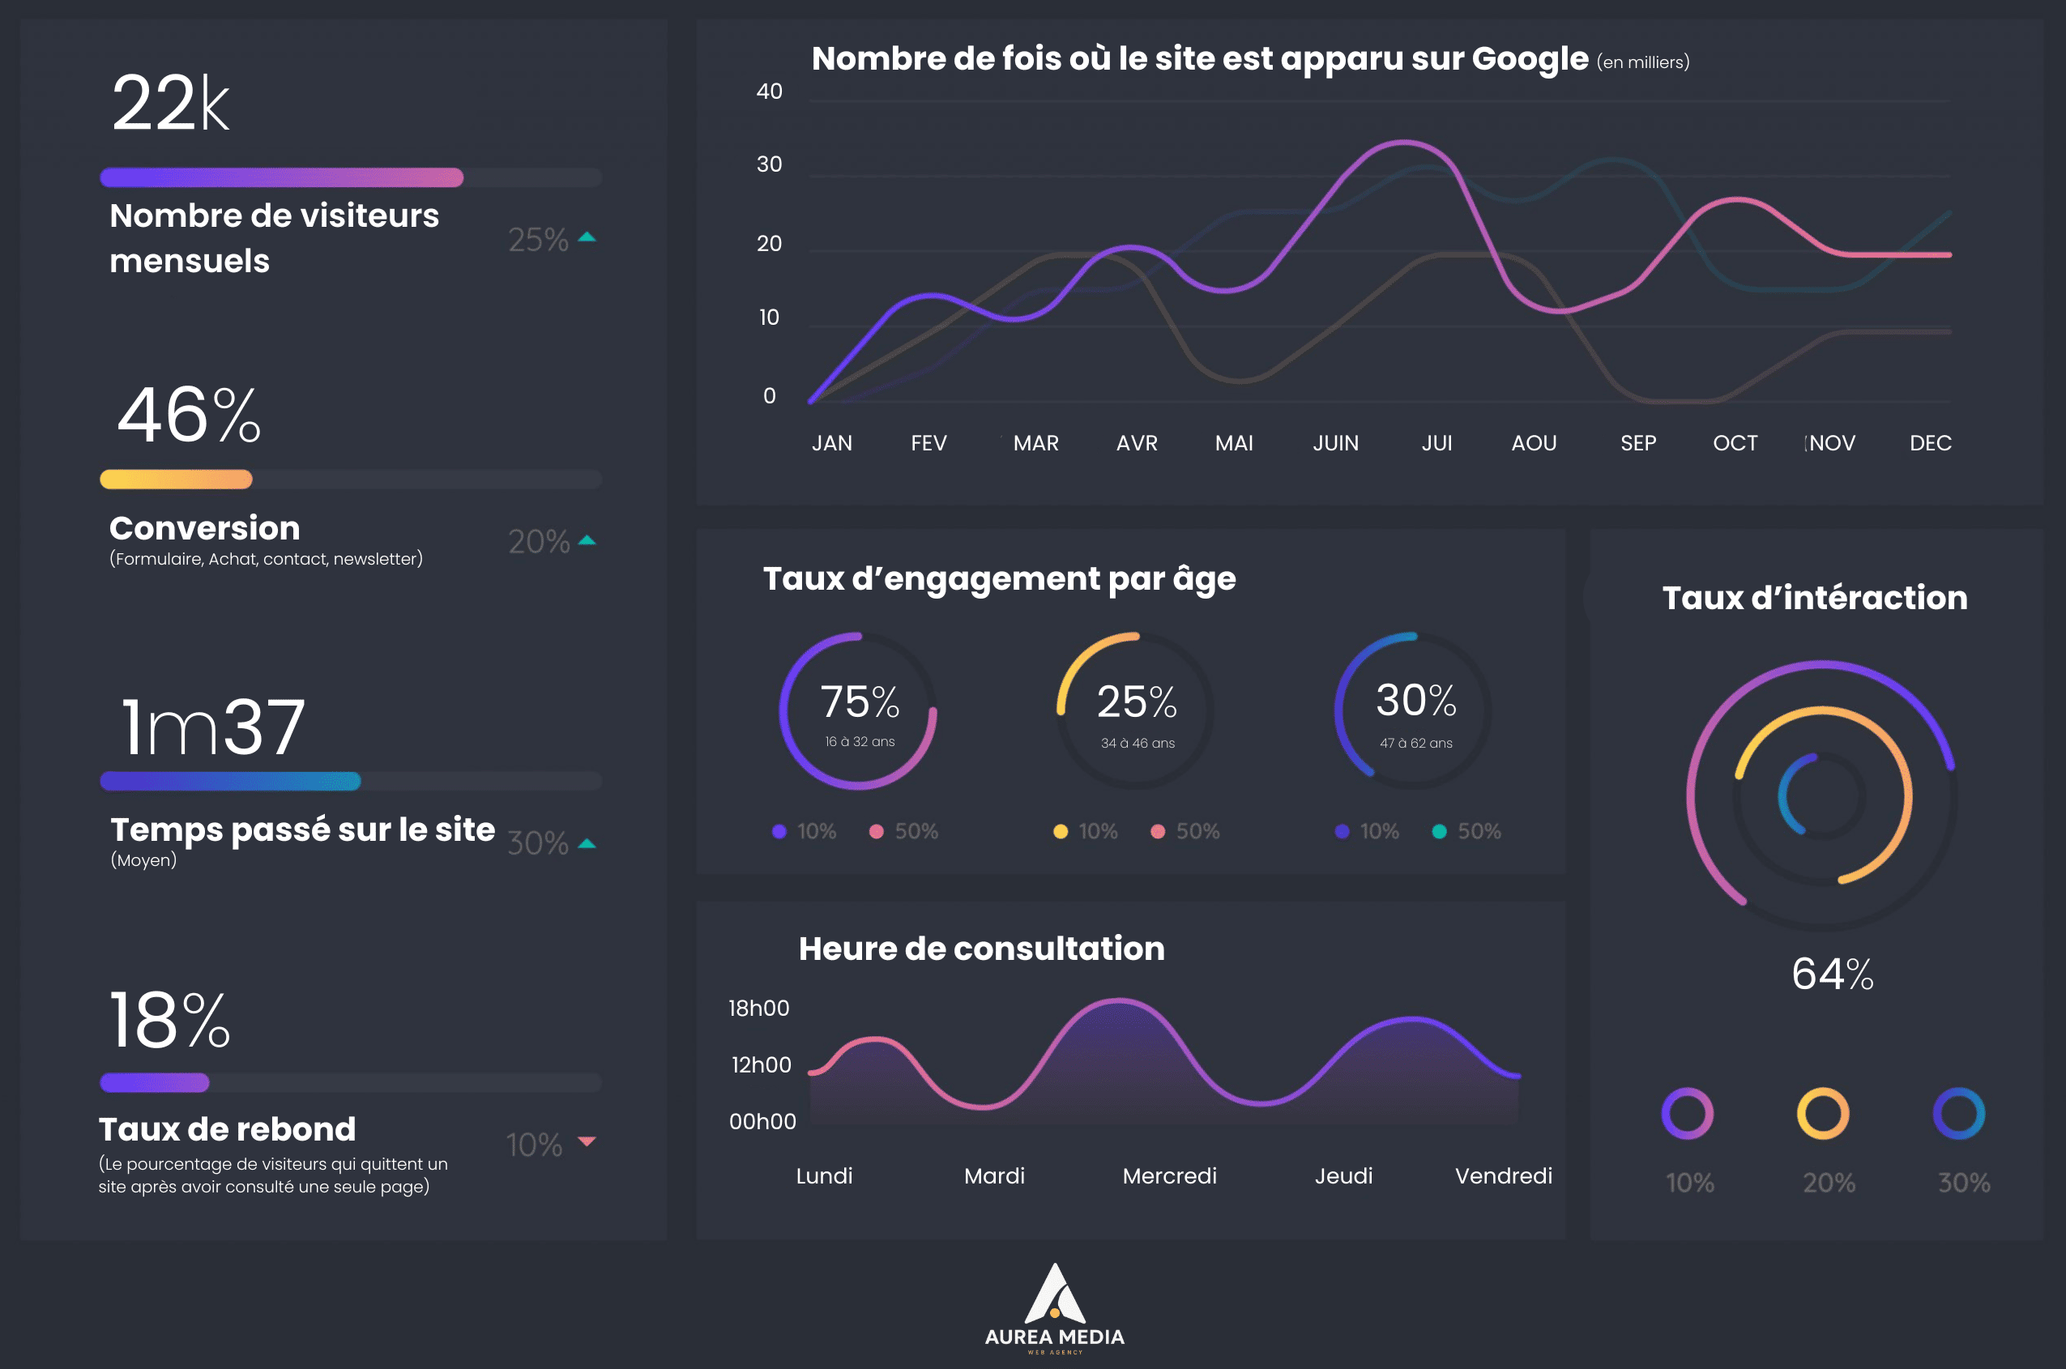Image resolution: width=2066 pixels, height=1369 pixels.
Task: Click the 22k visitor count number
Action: [x=170, y=103]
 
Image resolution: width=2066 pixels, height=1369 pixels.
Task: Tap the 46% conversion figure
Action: [x=189, y=416]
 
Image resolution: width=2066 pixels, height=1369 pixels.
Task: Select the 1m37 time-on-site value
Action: [x=212, y=727]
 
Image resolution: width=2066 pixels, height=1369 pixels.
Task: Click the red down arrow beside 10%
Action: [x=587, y=1141]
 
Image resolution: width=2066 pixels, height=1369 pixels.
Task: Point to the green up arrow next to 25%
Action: [x=587, y=237]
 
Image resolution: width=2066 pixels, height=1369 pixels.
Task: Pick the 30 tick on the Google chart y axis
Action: [x=768, y=164]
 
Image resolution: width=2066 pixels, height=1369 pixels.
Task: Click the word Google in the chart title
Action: [x=1529, y=58]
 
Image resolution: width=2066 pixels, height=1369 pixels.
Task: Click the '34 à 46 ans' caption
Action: [x=1137, y=743]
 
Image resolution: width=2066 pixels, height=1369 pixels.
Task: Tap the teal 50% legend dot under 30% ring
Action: [x=1439, y=831]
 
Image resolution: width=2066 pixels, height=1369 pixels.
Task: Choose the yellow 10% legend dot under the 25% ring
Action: [x=1060, y=831]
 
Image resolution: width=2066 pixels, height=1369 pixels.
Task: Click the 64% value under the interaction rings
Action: [x=1832, y=975]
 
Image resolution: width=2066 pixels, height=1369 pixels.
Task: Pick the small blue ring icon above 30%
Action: [x=1958, y=1113]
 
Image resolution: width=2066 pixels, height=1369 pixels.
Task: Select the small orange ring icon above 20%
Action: [x=1822, y=1113]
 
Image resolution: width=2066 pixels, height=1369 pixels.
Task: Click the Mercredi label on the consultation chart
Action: [x=1169, y=1176]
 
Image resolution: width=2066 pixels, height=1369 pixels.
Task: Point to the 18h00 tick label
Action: [x=758, y=1009]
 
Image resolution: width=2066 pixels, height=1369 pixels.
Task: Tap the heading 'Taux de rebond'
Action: [x=227, y=1129]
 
